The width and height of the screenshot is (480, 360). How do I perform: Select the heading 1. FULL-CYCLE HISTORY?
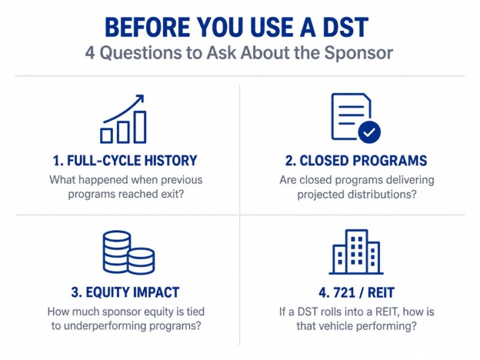(125, 161)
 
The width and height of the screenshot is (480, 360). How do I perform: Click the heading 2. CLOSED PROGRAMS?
(356, 161)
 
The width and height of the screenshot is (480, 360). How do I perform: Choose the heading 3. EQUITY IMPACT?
(125, 292)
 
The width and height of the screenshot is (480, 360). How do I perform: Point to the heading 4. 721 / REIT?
(356, 293)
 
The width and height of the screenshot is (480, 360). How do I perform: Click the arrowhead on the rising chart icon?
(140, 99)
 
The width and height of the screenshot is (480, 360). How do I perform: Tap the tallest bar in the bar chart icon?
(140, 127)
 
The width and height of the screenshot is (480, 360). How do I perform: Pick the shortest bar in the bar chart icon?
(106, 136)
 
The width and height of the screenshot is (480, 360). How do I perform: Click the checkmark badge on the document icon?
(370, 133)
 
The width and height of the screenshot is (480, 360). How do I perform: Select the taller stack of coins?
(117, 251)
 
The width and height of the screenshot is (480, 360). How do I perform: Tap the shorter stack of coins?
(141, 261)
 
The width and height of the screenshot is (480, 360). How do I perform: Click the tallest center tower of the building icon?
(356, 251)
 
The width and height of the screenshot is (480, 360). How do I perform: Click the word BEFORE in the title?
(147, 27)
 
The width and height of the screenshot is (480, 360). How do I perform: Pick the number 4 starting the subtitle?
(90, 53)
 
